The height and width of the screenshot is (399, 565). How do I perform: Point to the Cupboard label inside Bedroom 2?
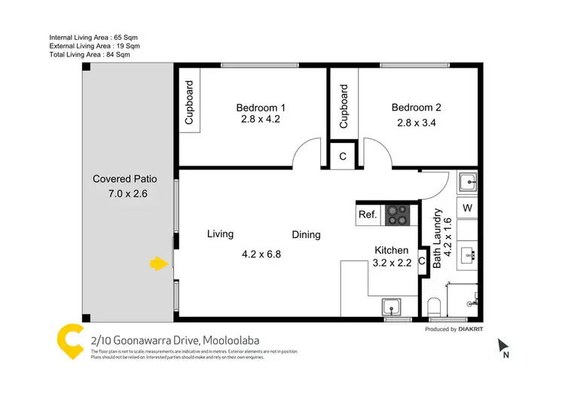344,106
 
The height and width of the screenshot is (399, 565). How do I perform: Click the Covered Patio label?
125,179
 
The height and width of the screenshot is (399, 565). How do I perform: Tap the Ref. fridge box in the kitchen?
367,215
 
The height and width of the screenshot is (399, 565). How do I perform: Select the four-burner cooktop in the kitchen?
397,215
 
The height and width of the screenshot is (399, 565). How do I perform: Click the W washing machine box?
467,208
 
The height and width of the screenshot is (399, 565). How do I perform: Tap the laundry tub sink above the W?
467,182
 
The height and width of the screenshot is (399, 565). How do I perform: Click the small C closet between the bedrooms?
342,157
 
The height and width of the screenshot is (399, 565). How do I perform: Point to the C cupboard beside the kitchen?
422,260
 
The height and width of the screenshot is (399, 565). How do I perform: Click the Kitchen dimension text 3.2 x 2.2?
392,263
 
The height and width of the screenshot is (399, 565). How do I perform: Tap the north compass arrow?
503,347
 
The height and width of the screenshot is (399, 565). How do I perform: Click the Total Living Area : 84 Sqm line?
90,55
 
